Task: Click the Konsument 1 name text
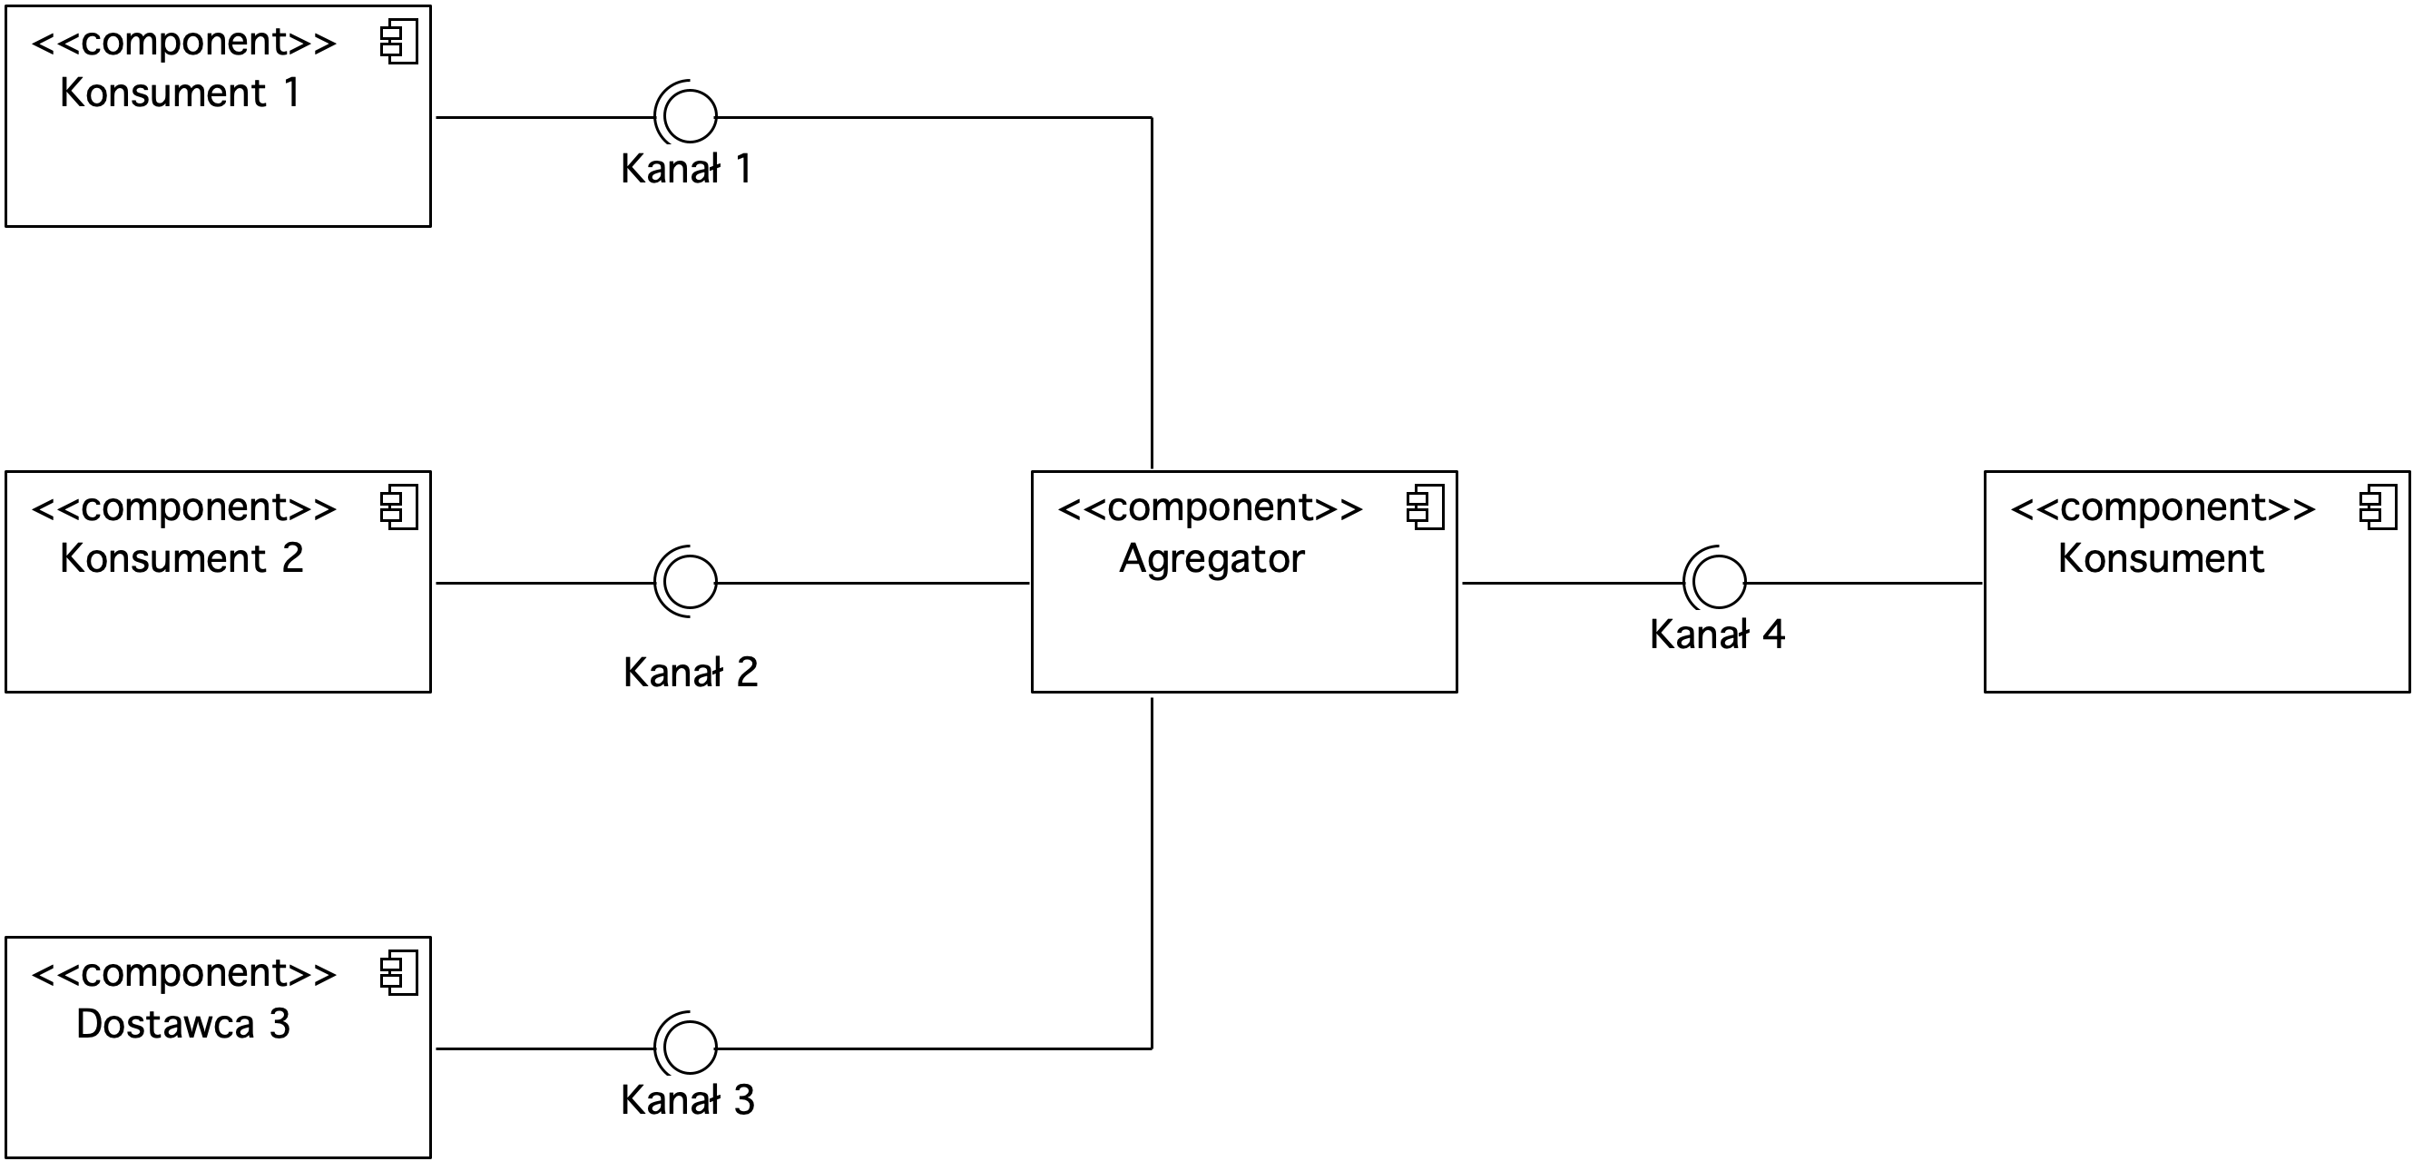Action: tap(180, 93)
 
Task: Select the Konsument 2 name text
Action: tap(181, 558)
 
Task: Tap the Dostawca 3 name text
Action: tap(183, 1024)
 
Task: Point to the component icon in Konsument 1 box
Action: tap(398, 44)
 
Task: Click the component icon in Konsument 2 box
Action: tap(398, 509)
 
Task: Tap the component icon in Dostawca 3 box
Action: tap(398, 974)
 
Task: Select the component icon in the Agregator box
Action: tap(1425, 509)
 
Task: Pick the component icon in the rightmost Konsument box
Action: tap(2378, 509)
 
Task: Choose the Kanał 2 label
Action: tap(691, 673)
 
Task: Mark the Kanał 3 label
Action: tap(688, 1100)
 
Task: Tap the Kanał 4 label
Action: tap(1718, 635)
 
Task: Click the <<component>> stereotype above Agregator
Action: tap(1211, 509)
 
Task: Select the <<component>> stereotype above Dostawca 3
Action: tap(183, 974)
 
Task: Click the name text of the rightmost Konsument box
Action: tap(2161, 558)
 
